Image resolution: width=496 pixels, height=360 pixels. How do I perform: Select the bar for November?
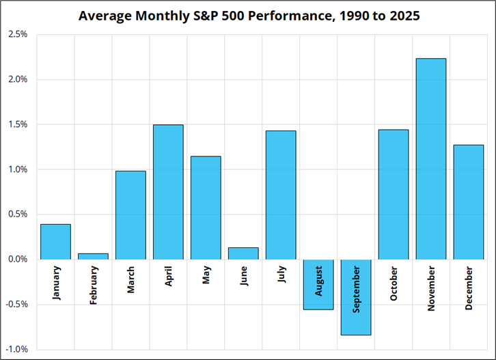tap(431, 158)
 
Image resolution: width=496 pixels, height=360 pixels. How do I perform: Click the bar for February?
tap(93, 257)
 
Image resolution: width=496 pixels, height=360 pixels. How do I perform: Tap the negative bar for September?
tap(356, 297)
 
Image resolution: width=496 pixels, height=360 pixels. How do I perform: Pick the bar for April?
tap(168, 192)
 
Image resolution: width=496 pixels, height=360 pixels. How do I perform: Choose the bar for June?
tap(243, 253)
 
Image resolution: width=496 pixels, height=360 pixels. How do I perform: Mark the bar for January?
tap(55, 242)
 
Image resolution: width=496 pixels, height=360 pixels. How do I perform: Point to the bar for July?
tap(281, 195)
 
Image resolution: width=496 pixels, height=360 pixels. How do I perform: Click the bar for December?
tap(469, 202)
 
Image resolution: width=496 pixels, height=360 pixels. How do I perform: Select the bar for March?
tap(130, 215)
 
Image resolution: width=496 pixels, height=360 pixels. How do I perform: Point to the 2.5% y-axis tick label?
tap(18, 34)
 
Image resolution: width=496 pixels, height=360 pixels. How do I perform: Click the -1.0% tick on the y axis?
tap(17, 349)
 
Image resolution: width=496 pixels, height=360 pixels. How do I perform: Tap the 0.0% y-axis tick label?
tap(18, 260)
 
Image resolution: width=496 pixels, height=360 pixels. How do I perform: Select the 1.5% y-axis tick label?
tap(18, 124)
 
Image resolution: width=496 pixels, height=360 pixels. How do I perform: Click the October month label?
tap(394, 283)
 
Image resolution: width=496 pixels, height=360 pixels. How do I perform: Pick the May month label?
tap(206, 275)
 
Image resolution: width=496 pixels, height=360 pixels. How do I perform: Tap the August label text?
tap(318, 281)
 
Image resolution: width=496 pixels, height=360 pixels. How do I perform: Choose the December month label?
tap(469, 288)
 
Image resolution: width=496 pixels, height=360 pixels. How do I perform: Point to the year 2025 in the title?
tap(404, 16)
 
